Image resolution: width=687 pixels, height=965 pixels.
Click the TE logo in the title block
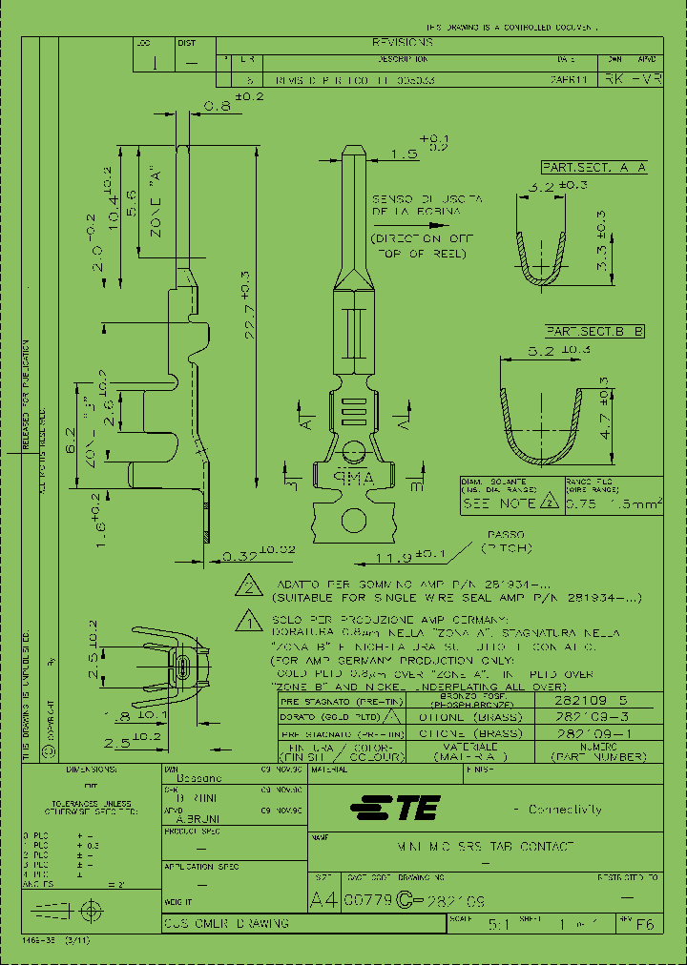tap(393, 810)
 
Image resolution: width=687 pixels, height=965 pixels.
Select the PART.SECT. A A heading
tap(593, 167)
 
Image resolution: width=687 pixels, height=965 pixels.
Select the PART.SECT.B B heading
tap(593, 331)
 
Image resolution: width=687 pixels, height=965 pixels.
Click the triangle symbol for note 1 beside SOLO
tap(248, 623)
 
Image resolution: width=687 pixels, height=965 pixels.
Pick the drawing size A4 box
tap(324, 899)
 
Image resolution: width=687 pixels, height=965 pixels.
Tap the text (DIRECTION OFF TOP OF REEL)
tap(423, 245)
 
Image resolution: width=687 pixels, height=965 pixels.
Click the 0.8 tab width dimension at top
tap(218, 107)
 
